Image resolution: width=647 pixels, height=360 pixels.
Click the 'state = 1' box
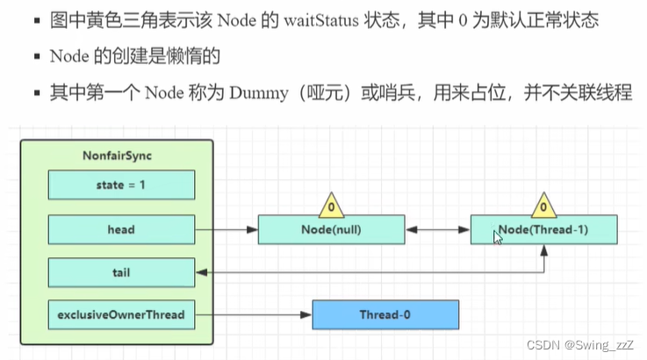121,185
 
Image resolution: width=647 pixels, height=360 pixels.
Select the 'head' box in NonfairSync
121,229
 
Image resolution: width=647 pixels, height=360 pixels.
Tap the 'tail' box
121,272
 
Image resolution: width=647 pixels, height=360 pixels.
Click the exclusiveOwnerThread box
121,314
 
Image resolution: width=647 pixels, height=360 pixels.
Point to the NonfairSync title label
117,155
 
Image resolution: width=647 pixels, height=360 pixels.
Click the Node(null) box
331,229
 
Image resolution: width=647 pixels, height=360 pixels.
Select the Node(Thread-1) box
543,229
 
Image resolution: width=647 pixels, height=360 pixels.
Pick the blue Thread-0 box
385,314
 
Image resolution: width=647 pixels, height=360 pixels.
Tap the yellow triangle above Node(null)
331,206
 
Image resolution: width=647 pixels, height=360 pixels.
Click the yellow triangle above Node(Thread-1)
543,206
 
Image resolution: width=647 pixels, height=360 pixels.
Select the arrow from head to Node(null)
226,229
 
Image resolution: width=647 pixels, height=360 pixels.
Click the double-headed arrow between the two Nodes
438,229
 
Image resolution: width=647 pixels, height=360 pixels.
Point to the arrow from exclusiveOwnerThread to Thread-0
254,314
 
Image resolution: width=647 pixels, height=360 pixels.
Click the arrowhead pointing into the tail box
201,272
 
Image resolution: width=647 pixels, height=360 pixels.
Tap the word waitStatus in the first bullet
321,20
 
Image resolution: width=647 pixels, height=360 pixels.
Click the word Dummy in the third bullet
259,93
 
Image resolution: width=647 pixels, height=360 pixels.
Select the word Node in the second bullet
69,56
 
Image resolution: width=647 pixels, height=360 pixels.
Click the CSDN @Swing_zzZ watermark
580,345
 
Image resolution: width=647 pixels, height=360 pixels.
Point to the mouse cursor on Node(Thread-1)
497,237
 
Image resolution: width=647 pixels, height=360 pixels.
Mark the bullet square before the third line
38,93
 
